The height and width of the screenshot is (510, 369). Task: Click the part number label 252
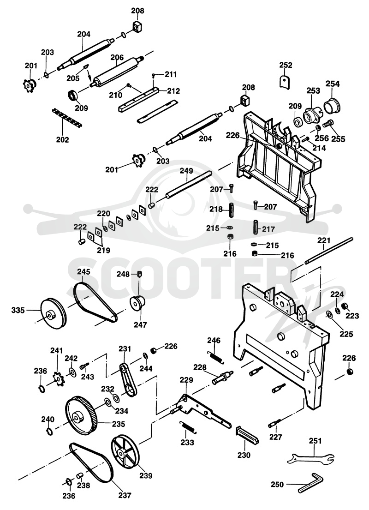[286, 65]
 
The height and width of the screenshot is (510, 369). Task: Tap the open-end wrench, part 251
[311, 458]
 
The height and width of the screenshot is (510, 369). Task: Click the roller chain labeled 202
[67, 118]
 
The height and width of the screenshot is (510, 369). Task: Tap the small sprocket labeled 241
[59, 379]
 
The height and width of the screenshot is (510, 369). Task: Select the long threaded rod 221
[329, 252]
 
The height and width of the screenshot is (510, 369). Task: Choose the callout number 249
[186, 171]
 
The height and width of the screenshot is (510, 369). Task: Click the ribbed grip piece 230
[247, 435]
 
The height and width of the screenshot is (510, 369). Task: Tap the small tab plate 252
[285, 81]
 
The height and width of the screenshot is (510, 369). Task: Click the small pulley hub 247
[137, 304]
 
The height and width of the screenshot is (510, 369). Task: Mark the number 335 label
[18, 310]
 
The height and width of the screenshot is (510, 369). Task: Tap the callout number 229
[186, 380]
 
